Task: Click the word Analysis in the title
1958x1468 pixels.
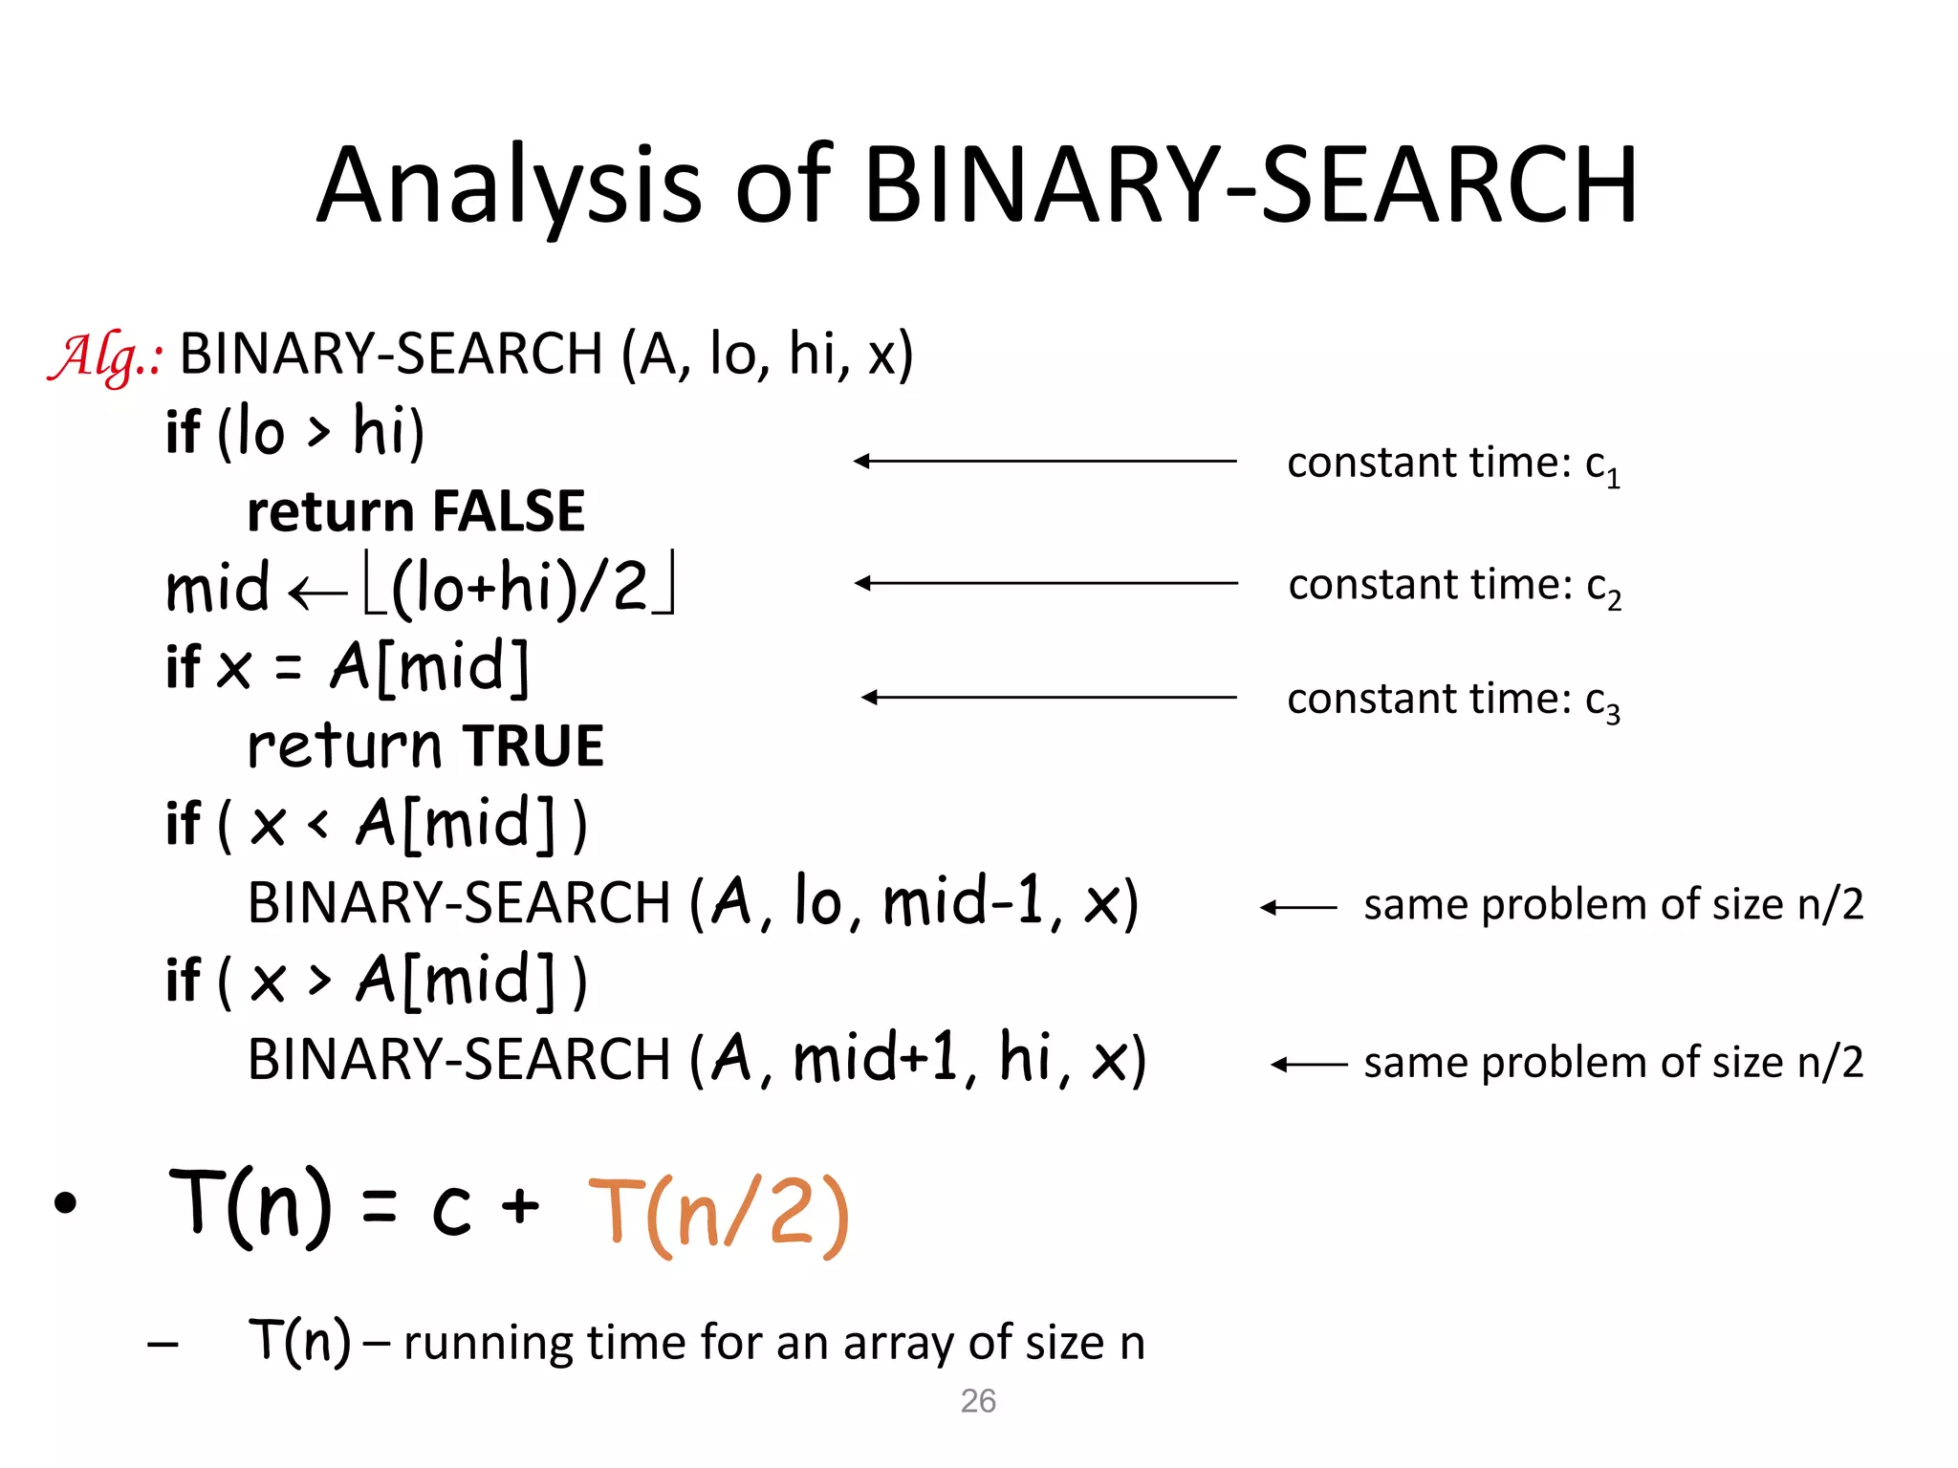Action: tap(510, 186)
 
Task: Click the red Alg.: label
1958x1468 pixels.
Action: tap(105, 357)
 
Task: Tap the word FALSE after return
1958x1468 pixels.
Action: tap(508, 511)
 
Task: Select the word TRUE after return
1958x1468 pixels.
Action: tap(533, 746)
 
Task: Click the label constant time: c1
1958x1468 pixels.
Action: tap(1453, 464)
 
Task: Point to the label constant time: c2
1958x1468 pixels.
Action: tap(1454, 586)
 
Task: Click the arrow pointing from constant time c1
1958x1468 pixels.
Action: tap(1045, 462)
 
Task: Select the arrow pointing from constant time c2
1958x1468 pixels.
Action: tap(1046, 583)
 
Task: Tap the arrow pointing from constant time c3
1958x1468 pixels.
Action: tap(1049, 698)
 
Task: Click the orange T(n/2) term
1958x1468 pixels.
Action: tap(718, 1215)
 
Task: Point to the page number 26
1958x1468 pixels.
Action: tap(978, 1401)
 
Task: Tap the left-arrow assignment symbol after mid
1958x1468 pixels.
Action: tap(316, 594)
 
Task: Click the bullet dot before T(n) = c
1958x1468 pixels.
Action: tap(65, 1203)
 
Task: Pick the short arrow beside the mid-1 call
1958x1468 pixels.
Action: tap(1298, 907)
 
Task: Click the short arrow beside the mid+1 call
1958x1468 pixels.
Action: tap(1309, 1064)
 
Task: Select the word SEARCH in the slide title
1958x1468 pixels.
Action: tap(1449, 186)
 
